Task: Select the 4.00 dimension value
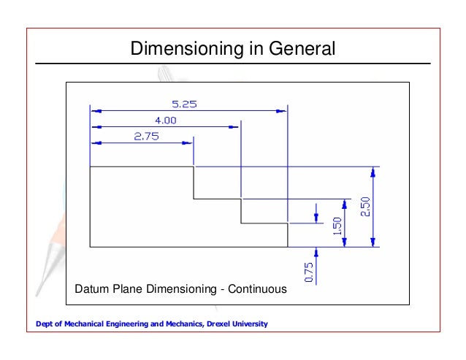(x=164, y=120)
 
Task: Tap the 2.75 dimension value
(x=146, y=135)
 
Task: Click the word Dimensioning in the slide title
(x=177, y=50)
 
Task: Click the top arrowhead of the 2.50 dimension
(x=373, y=172)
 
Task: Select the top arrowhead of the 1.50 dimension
(x=344, y=202)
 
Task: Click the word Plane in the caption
(x=128, y=289)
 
